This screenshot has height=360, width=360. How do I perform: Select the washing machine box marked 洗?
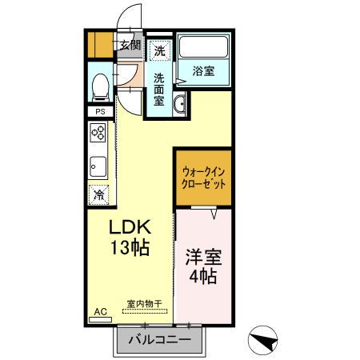160,50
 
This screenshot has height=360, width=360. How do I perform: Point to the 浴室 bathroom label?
203,71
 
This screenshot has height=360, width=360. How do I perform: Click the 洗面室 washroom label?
159,90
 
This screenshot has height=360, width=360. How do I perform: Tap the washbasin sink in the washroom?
179,104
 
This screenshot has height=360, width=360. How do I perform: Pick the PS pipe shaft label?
100,112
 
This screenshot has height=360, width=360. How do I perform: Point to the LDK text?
130,226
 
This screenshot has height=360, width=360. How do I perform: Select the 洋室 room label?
203,260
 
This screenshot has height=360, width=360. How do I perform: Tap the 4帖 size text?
203,279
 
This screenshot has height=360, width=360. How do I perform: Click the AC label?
100,311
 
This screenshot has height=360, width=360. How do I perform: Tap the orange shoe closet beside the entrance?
100,44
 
